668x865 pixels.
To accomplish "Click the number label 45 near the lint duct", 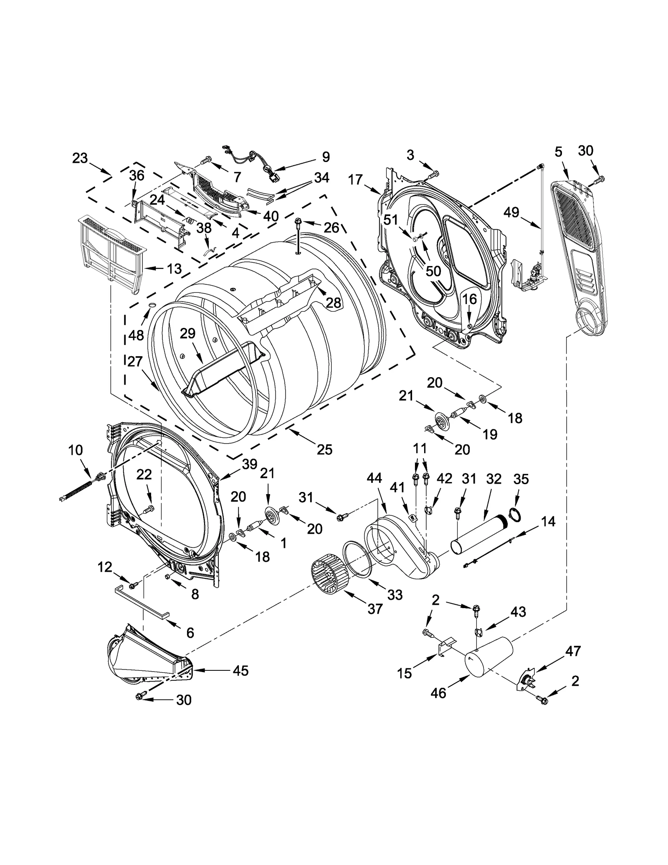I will tap(241, 670).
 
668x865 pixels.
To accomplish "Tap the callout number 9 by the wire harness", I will tap(326, 157).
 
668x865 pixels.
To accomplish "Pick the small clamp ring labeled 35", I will tap(516, 516).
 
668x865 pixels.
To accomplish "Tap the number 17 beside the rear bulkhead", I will tap(355, 180).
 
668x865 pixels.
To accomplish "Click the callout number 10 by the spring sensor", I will tap(76, 450).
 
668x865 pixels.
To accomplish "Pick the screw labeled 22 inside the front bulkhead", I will tap(149, 509).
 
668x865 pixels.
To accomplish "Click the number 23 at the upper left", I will tap(80, 158).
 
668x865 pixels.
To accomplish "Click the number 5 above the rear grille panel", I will tap(558, 152).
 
